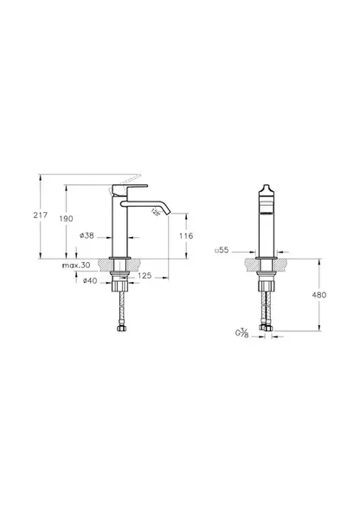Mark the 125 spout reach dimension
coord(145,275)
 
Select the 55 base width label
coord(222,250)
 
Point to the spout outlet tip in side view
coord(164,210)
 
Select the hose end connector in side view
coord(121,328)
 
